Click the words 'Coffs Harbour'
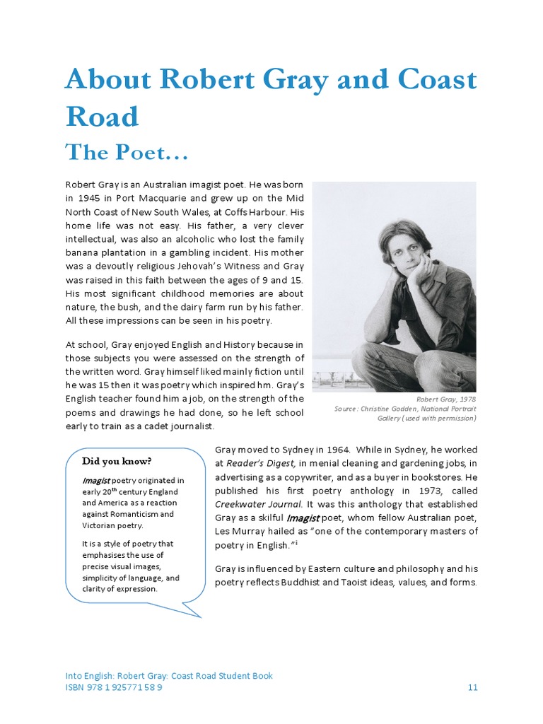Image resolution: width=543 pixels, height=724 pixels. point(253,211)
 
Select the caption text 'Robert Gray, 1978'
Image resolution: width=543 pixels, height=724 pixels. point(446,399)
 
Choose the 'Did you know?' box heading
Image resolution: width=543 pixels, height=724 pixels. point(117,462)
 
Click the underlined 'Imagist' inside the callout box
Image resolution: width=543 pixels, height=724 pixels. point(95,480)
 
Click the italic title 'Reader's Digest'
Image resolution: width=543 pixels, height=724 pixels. point(260,463)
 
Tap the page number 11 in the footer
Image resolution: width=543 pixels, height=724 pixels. point(473,687)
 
